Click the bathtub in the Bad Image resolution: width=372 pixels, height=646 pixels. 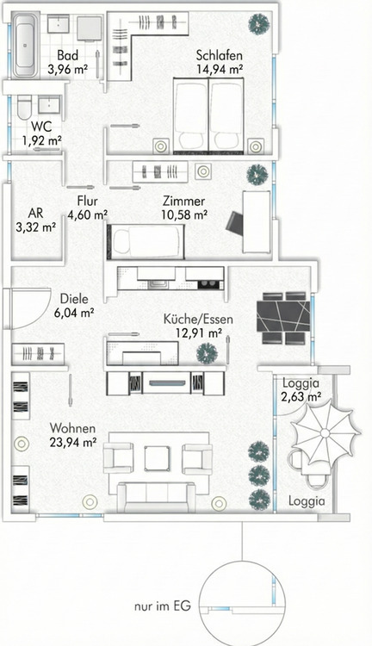tap(25, 46)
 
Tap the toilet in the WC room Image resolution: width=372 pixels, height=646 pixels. tap(24, 107)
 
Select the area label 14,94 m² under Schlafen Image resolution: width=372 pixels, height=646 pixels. tap(219, 69)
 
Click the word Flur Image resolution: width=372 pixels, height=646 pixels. tap(87, 201)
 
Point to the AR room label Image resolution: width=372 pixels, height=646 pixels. tap(35, 213)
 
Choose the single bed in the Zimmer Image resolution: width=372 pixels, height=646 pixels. tap(146, 242)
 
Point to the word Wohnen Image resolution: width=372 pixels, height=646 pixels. tap(72, 428)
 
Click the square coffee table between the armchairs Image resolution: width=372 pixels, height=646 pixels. tap(157, 458)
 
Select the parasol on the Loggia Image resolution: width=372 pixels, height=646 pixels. tap(325, 433)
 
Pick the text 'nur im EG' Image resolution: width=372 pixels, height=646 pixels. tap(162, 606)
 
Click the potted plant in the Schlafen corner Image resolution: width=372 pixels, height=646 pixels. tap(258, 24)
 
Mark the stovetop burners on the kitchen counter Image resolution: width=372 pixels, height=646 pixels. tap(205, 284)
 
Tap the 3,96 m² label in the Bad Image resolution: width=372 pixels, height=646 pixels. tap(67, 69)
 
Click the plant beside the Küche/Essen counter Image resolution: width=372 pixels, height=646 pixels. tap(207, 353)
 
